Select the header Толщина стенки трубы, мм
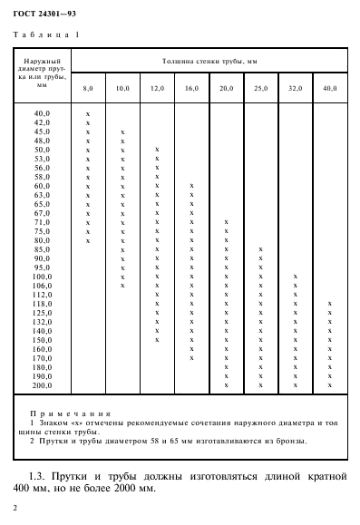pyautogui.click(x=205, y=59)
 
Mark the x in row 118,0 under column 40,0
pyautogui.click(x=330, y=303)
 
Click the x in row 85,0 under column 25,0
pyautogui.click(x=260, y=248)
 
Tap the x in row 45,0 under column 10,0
pyautogui.click(x=122, y=131)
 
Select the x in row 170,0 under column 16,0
pyautogui.click(x=191, y=357)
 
